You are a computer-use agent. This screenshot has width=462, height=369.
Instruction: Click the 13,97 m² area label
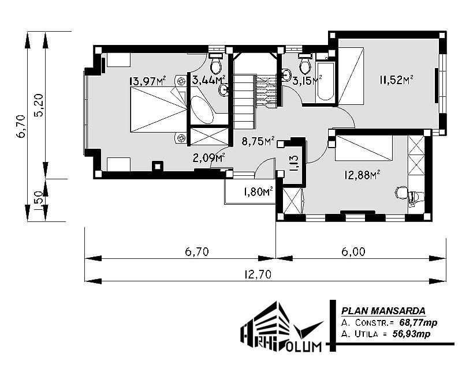click(148, 81)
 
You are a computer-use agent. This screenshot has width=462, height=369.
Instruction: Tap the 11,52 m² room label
click(396, 80)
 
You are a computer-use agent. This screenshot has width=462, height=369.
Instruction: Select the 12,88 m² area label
click(362, 175)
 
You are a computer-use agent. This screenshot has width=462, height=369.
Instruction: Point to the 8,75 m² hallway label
click(258, 141)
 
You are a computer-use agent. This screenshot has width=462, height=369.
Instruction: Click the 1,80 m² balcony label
click(258, 192)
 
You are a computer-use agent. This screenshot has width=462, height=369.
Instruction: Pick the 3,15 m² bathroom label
click(307, 80)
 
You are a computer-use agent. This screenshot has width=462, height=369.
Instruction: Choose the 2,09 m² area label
click(209, 158)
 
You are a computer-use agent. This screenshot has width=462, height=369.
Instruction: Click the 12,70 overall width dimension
click(258, 274)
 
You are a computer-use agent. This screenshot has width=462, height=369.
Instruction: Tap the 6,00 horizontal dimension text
click(353, 251)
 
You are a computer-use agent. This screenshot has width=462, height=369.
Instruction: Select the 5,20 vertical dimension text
click(39, 105)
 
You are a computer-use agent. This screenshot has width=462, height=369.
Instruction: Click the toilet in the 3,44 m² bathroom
click(216, 63)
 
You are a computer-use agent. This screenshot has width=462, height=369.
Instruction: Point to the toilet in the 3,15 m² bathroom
click(305, 64)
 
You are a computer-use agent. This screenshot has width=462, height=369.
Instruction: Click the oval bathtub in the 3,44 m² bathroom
click(202, 110)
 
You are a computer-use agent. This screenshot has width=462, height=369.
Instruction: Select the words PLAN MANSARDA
click(383, 311)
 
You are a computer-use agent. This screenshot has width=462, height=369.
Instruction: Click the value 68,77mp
click(418, 322)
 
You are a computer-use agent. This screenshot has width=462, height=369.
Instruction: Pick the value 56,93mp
click(411, 334)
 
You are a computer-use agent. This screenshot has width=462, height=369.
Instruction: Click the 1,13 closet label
click(295, 163)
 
